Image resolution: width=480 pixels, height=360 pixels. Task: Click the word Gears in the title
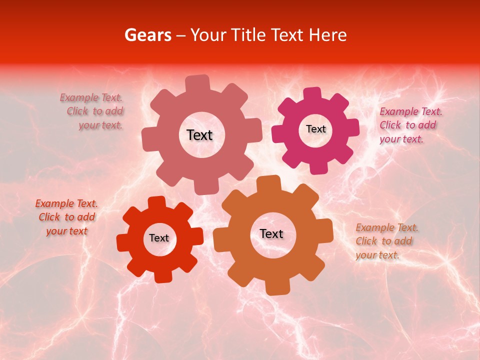pyautogui.click(x=147, y=35)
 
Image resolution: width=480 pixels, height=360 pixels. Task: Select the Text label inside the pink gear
pyautogui.click(x=199, y=135)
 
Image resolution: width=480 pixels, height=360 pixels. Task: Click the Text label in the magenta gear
pyautogui.click(x=315, y=129)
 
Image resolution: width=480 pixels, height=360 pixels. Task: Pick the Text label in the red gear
pyautogui.click(x=159, y=238)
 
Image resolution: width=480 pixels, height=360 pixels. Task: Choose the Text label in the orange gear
pyautogui.click(x=271, y=233)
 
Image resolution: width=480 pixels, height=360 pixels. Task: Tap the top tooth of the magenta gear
pyautogui.click(x=312, y=94)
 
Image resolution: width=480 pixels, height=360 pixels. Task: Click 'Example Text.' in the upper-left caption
pyautogui.click(x=91, y=98)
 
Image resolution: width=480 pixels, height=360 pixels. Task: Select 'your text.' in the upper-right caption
pyautogui.click(x=401, y=139)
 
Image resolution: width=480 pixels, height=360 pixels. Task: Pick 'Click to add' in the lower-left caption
pyautogui.click(x=66, y=217)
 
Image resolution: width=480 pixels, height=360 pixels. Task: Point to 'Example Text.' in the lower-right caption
pyautogui.click(x=387, y=228)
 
